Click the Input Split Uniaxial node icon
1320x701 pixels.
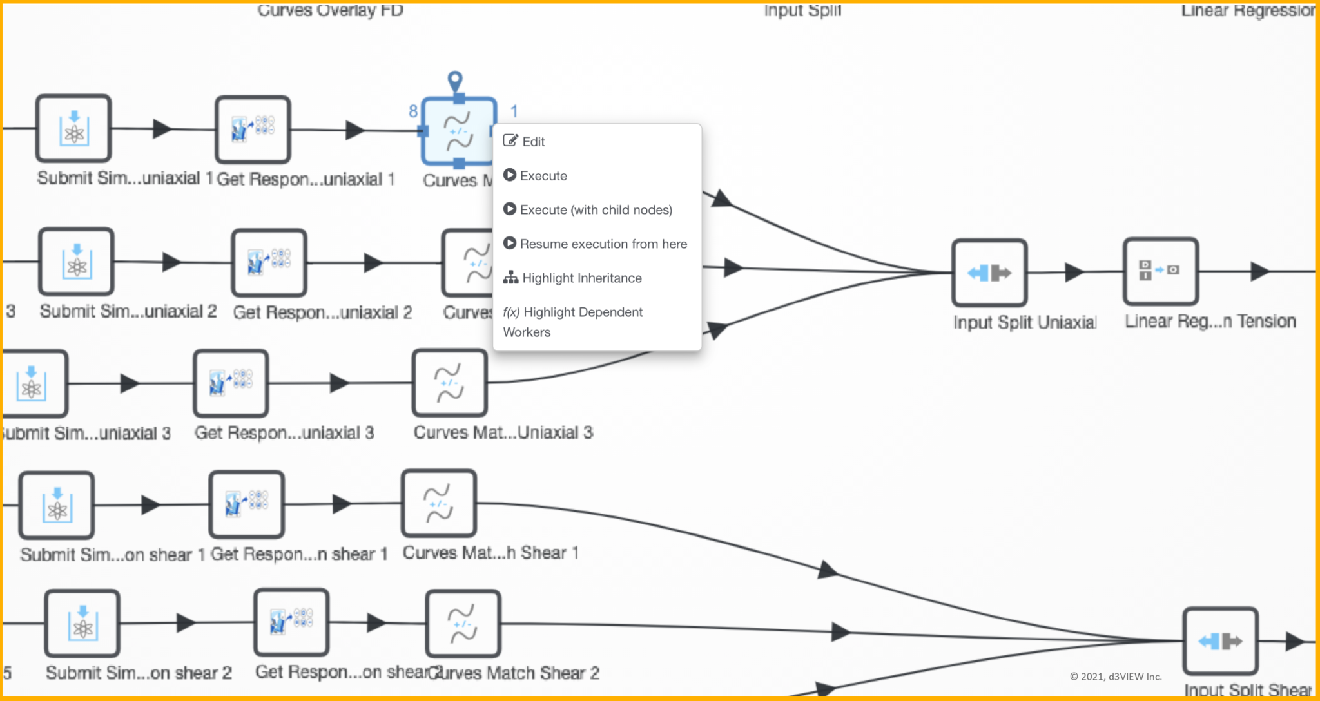click(x=989, y=273)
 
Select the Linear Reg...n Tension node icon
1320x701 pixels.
click(x=1160, y=271)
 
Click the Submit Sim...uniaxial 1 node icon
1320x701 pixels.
click(x=73, y=128)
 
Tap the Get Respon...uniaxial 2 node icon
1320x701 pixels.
click(x=269, y=262)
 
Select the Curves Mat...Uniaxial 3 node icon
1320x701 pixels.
click(x=449, y=383)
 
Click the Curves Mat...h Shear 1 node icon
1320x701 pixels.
click(x=439, y=503)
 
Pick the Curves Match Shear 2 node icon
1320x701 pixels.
click(x=463, y=624)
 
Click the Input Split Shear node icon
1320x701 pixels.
click(x=1220, y=641)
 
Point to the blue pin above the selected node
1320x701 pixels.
click(x=455, y=81)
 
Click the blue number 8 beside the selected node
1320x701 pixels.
click(x=412, y=111)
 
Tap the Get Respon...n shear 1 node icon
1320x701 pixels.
click(x=246, y=504)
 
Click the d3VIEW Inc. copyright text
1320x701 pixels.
click(x=1116, y=677)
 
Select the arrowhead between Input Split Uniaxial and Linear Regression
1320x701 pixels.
click(x=1074, y=273)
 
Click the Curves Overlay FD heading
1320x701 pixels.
click(x=330, y=10)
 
